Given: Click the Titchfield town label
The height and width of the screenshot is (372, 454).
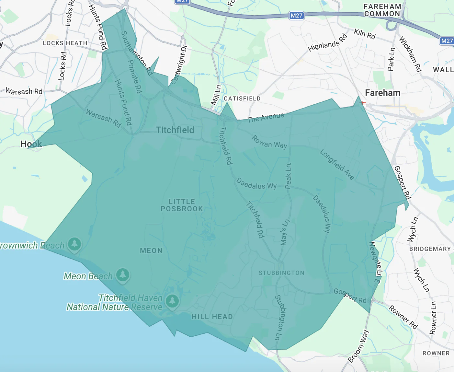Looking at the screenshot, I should [x=175, y=130].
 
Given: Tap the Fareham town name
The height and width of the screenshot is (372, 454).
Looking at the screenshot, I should [x=382, y=93].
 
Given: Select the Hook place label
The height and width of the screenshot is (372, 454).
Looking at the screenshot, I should [x=31, y=144].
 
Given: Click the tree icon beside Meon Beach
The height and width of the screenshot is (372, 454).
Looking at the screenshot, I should [x=123, y=275].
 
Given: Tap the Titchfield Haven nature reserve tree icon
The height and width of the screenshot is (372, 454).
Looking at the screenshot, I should [x=172, y=301].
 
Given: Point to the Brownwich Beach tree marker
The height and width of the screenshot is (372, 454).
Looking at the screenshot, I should [x=74, y=244].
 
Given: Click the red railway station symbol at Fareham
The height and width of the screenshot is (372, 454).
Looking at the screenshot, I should [x=363, y=104].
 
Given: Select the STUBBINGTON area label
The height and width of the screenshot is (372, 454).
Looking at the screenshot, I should [x=281, y=273].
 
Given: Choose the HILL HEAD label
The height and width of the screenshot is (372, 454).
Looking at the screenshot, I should [x=212, y=317].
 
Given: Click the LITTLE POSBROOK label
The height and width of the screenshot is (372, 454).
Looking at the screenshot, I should [x=182, y=205].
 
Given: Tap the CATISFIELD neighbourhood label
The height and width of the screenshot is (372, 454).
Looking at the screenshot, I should [x=242, y=99].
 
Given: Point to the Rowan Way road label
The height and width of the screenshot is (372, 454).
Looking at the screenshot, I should [x=269, y=142].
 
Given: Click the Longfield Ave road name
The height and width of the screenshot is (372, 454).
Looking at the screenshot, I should [x=337, y=164].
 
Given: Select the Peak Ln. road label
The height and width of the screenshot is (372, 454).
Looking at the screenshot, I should [x=288, y=175].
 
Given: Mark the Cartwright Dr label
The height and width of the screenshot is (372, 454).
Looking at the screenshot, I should [x=179, y=65].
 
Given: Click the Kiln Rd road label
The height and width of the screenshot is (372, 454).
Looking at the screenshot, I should [x=365, y=34].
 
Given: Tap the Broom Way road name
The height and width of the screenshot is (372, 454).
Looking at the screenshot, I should [x=358, y=346].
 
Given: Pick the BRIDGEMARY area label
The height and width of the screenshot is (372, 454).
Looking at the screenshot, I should [x=430, y=249].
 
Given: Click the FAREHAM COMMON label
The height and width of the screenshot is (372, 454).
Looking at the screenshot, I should [x=382, y=10].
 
